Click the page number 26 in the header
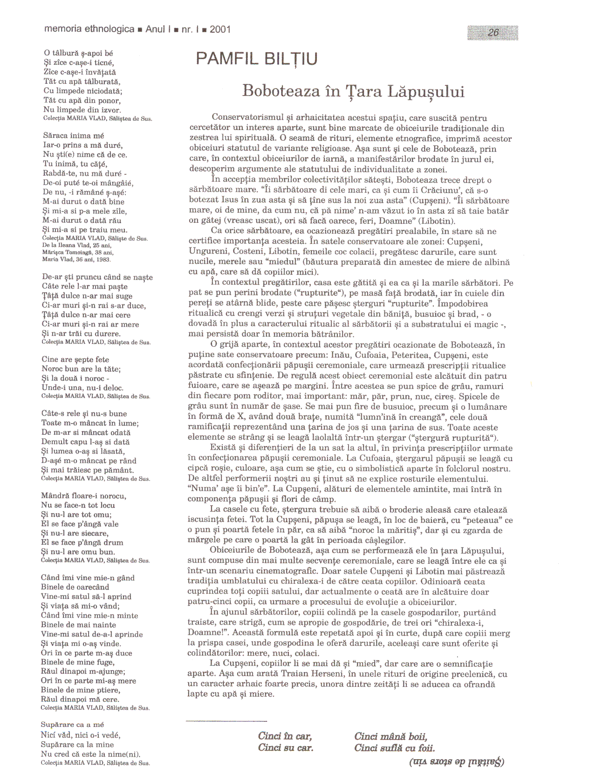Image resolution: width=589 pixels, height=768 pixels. pos(493,32)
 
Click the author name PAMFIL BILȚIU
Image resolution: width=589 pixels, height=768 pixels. pos(257,59)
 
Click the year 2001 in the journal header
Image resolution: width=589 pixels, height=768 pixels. pos(220,29)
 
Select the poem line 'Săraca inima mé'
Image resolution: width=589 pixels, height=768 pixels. pos(73,136)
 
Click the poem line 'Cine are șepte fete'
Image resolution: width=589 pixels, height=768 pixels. pos(75,359)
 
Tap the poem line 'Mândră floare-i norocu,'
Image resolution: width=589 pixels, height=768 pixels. pos(83,496)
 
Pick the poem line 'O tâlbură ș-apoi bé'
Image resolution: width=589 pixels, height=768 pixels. pos(78,54)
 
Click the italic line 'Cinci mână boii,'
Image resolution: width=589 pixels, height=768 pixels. pos(390,737)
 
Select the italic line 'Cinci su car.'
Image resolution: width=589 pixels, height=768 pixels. pos(285,748)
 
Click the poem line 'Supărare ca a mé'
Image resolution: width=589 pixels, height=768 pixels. pos(72,725)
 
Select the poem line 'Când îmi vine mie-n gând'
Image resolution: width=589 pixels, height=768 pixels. pos(88,578)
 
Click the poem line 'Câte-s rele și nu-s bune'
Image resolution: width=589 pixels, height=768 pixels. pos(84,413)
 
